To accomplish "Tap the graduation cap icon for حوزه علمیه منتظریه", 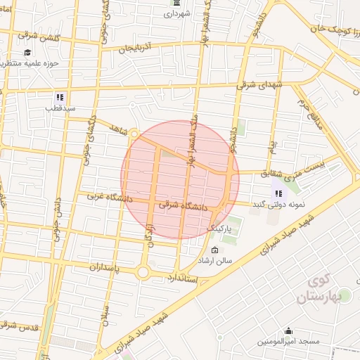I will tap(27, 53).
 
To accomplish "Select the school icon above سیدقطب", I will tap(60, 97).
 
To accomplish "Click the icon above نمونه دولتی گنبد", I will tap(278, 193).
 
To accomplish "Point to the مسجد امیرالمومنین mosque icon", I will tap(288, 331).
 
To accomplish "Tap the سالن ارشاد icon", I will tap(214, 250).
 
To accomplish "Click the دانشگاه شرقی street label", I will tap(185, 207).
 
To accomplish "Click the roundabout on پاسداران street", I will tap(143, 272).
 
